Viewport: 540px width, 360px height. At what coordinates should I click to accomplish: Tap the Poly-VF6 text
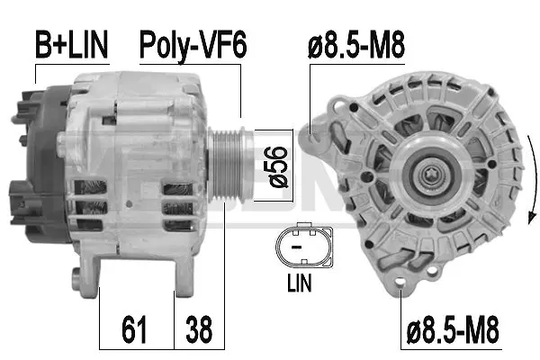191,43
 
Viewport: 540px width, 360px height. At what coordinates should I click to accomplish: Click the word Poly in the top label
167,43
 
